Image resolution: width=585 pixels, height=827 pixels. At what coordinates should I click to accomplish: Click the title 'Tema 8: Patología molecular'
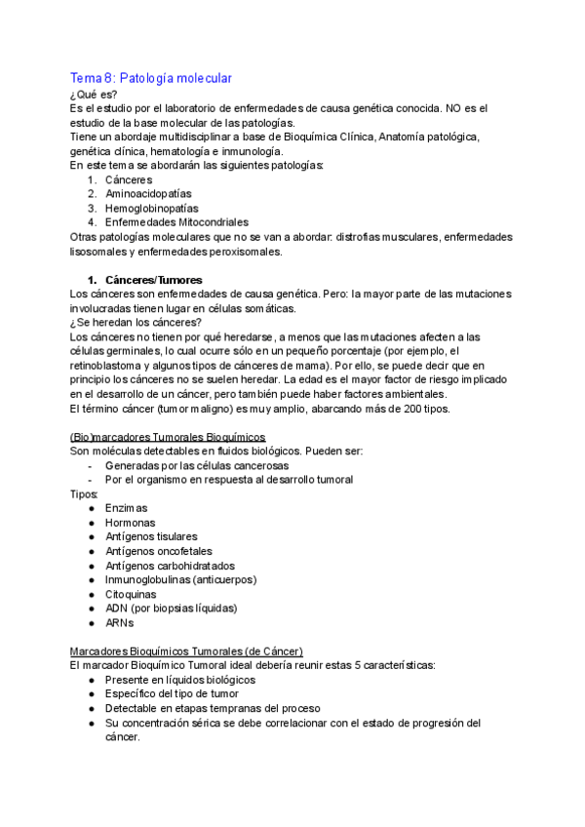151,77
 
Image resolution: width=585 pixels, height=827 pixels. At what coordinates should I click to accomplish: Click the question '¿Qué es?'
95,95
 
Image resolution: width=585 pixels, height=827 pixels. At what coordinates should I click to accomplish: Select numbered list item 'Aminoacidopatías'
148,194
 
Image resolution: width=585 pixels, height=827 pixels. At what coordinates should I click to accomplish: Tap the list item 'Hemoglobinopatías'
151,208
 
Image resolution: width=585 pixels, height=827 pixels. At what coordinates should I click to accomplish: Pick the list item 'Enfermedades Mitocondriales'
176,222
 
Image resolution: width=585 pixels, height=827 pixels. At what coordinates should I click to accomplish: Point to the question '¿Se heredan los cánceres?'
136,322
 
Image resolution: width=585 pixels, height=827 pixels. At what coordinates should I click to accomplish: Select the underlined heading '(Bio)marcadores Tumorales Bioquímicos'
169,436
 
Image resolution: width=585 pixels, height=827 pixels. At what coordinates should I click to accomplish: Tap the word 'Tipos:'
85,493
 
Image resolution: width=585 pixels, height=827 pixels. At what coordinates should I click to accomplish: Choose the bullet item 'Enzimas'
126,508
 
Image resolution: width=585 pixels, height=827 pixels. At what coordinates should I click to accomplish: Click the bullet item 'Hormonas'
130,523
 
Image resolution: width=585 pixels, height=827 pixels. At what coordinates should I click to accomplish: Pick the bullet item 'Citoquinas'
131,594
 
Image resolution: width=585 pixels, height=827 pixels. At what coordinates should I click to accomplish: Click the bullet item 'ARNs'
120,622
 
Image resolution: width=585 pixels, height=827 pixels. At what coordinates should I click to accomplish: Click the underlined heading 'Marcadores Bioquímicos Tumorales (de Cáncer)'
186,650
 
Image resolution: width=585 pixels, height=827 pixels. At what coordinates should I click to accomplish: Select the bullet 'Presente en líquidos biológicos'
180,679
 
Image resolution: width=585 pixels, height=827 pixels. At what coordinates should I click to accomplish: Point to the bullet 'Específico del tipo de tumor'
174,693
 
